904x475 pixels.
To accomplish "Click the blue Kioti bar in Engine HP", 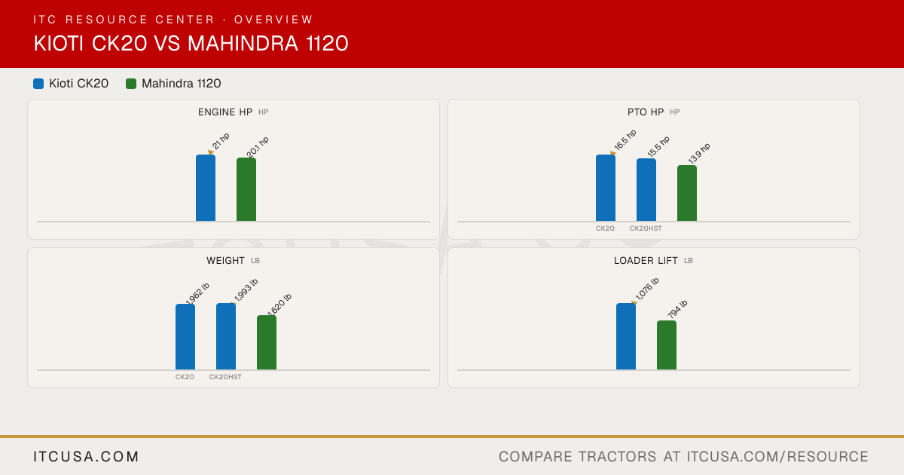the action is pos(206,188).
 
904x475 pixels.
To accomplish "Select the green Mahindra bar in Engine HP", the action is pos(246,189).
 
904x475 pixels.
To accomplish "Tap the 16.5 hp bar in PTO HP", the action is pos(606,188).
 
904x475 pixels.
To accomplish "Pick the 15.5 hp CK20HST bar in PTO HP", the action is pos(646,190).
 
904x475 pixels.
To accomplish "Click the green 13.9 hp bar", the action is pos(687,193).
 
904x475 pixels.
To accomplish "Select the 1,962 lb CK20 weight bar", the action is pos(185,337).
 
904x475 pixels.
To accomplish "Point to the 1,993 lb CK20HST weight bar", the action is pos(226,336).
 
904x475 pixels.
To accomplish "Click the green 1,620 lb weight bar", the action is pos(267,342).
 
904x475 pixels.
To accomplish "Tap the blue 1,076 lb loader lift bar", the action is pos(626,336).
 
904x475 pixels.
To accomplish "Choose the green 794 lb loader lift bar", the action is pos(667,345).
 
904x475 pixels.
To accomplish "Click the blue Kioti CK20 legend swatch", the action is pos(38,84).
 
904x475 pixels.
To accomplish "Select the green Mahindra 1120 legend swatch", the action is pos(131,84).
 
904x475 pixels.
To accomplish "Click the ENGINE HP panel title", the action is pos(225,112).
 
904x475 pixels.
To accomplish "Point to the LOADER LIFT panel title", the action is pos(646,261).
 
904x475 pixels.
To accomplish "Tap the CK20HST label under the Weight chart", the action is pos(225,377).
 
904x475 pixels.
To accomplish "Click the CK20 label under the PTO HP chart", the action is pos(605,228).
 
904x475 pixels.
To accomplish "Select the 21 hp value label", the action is pos(221,142).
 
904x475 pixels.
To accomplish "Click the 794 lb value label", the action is pos(677,309).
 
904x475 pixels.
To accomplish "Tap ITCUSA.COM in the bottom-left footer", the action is pos(86,456).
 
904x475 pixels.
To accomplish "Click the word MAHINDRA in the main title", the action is pos(243,43).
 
